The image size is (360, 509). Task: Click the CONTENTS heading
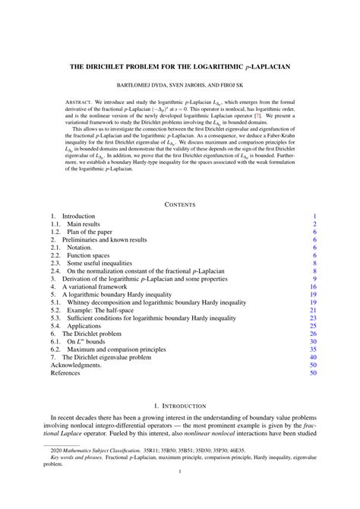coord(179,204)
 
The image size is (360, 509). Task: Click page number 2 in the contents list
coord(314,225)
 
